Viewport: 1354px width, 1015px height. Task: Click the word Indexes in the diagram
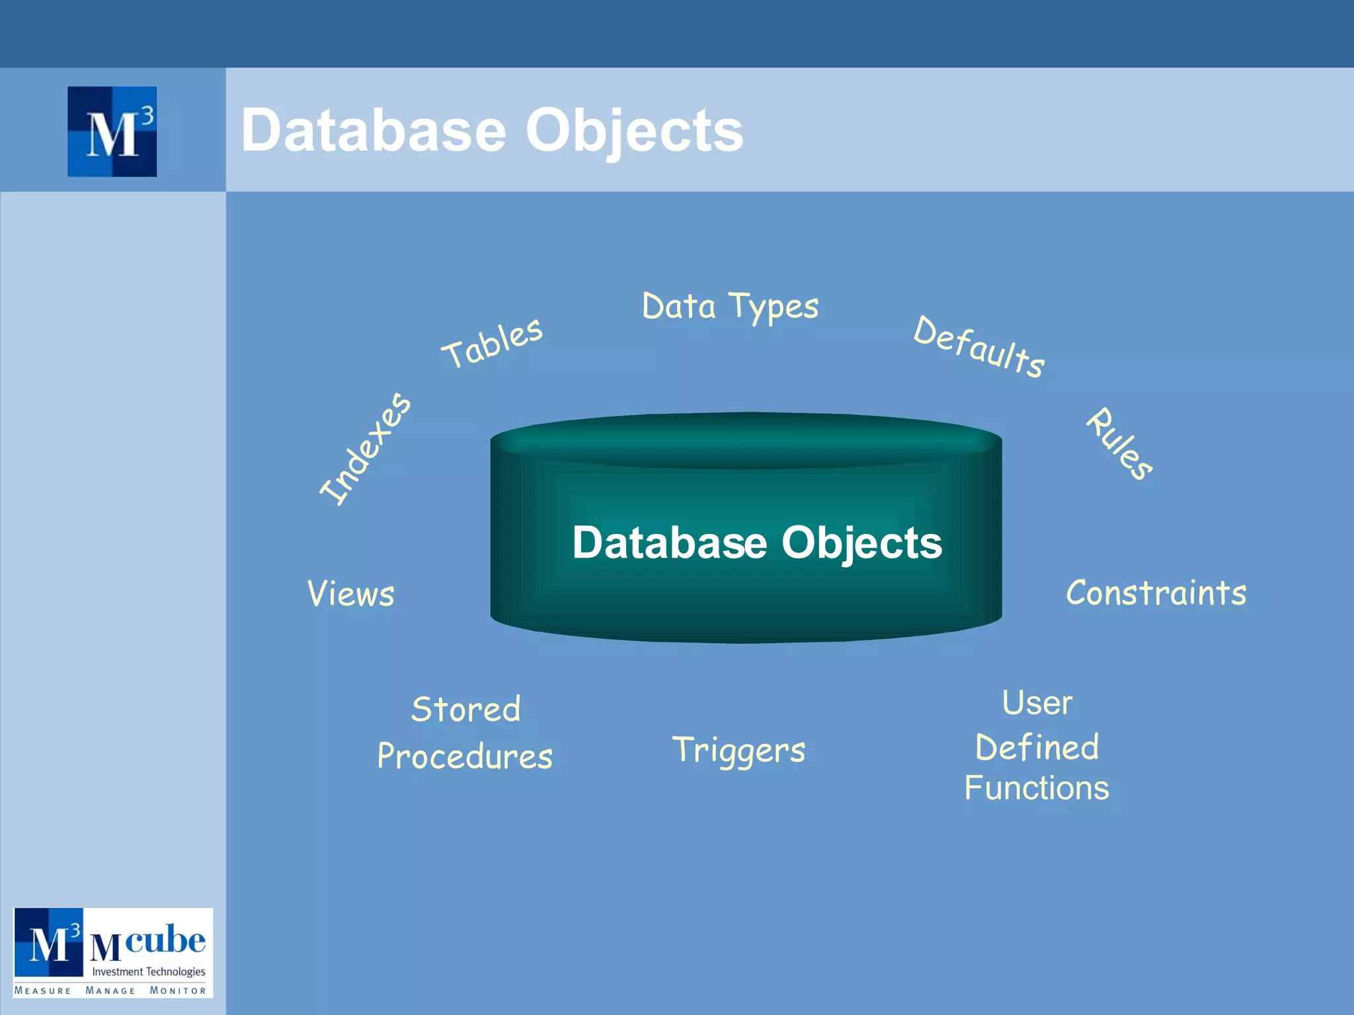tap(365, 449)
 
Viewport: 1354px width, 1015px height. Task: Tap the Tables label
tap(493, 342)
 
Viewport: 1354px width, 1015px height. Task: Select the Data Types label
tap(730, 307)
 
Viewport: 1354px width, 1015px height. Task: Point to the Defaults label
tap(979, 346)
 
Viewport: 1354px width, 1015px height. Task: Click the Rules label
tap(1120, 443)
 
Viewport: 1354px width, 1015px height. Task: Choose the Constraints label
tap(1156, 593)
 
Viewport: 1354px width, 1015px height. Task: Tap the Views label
tap(351, 593)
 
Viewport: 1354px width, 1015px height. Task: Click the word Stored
tap(465, 710)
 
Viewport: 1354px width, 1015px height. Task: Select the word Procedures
tap(465, 757)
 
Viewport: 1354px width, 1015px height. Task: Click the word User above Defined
tap(1037, 702)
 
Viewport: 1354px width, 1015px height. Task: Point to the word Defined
tap(1037, 747)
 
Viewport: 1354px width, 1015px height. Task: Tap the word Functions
tap(1037, 788)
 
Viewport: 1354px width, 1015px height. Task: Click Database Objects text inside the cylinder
tap(757, 543)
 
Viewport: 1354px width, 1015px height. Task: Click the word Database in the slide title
tap(374, 130)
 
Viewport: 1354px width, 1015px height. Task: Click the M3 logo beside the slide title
tap(112, 132)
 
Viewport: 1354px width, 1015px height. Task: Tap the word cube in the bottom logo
tap(165, 939)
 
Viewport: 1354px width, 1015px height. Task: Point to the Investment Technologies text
tap(149, 971)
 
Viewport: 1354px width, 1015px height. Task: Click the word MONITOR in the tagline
tap(178, 991)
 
